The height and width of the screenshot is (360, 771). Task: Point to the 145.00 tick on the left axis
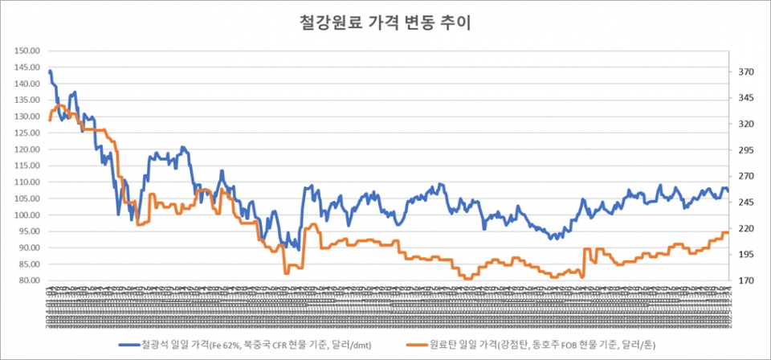coord(27,67)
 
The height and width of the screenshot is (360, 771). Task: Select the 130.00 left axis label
coord(27,117)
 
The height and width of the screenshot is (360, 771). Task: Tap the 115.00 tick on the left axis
coord(27,166)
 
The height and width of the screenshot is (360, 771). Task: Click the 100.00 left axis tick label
coord(27,215)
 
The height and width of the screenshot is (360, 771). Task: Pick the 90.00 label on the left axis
coord(28,248)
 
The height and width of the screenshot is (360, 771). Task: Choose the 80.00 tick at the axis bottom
coord(28,281)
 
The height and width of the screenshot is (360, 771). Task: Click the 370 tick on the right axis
coord(745,72)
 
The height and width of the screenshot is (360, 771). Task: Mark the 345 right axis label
coord(745,98)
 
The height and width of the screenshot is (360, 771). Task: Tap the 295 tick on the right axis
coord(745,150)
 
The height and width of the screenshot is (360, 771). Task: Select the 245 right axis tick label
coord(745,202)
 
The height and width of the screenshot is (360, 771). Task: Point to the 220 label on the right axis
coord(745,229)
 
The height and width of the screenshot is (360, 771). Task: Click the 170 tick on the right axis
coord(745,281)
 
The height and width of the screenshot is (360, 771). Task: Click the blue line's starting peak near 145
coord(50,71)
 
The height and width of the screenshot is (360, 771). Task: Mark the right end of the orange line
coord(728,232)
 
